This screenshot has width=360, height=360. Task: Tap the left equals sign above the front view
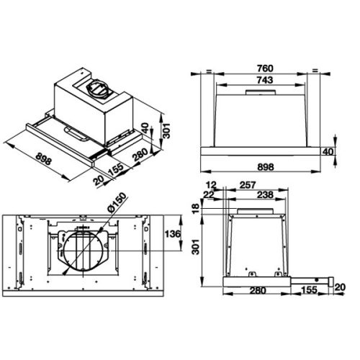[x=206, y=71]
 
